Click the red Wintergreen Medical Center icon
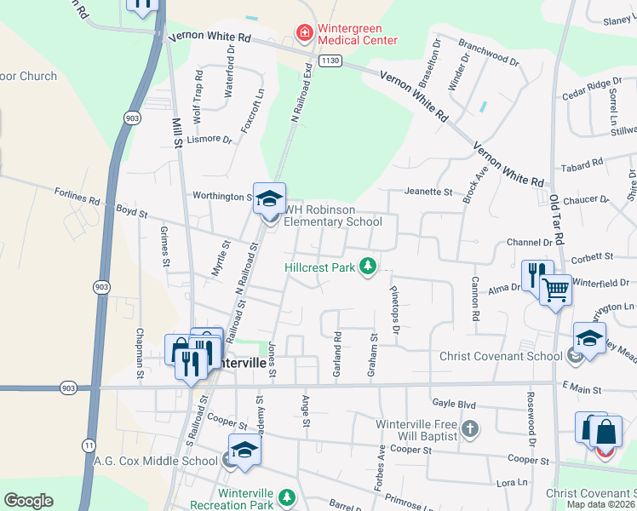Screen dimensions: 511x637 coord(303,33)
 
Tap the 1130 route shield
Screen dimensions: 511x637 coord(330,61)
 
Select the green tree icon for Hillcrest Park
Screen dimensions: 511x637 coord(368,267)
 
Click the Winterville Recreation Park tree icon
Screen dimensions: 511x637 coord(288,496)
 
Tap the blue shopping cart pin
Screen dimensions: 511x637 coord(556,290)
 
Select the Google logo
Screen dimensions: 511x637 coord(28,501)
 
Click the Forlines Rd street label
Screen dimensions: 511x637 coord(77,197)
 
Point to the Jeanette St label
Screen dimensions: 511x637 coord(428,192)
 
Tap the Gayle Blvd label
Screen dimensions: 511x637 coord(452,401)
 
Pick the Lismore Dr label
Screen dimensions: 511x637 coord(209,139)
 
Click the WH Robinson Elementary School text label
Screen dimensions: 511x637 coord(332,216)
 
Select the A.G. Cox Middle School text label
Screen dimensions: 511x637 coord(156,462)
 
